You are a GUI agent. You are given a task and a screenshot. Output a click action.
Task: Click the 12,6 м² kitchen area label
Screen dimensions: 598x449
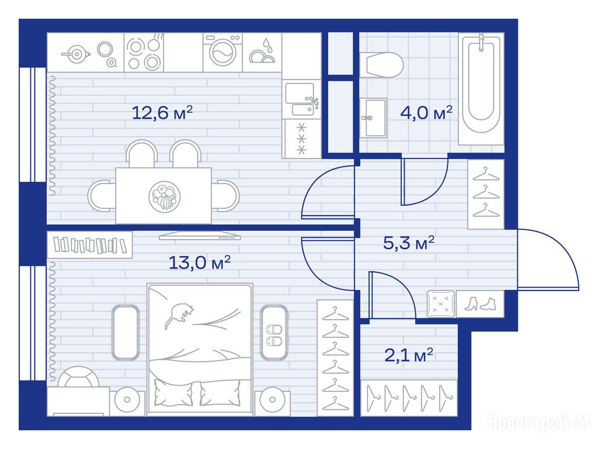(162, 113)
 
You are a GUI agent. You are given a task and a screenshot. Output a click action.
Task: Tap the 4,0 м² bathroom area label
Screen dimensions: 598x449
(426, 113)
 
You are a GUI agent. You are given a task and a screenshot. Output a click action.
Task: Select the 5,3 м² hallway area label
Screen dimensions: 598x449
(409, 243)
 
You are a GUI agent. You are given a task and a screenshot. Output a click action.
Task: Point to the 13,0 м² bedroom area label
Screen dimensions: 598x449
(200, 263)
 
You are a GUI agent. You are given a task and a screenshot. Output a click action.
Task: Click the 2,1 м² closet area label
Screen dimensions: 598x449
(409, 355)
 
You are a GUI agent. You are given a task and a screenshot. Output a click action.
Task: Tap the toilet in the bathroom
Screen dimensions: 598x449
(381, 65)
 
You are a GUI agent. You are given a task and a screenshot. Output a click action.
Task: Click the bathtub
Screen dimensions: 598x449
(481, 89)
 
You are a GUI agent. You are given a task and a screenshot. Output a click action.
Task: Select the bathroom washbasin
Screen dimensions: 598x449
(373, 118)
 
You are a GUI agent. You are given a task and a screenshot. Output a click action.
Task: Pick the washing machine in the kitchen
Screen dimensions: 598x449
(222, 52)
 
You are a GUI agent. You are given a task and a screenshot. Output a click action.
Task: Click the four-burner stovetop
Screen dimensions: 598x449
(144, 53)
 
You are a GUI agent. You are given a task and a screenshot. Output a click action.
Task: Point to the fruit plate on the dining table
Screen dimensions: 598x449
(164, 196)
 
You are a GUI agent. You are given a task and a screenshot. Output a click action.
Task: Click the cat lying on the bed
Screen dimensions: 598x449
(179, 315)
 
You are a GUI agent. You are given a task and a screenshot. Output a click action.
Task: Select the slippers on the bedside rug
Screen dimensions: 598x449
(274, 335)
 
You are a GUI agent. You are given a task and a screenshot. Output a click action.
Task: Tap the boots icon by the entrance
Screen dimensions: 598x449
(480, 304)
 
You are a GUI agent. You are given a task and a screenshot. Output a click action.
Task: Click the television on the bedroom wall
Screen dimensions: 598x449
(200, 236)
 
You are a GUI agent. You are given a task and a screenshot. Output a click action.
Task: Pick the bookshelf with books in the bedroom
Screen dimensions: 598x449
(89, 245)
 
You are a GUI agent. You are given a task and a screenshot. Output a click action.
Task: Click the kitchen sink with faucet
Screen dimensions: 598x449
(301, 99)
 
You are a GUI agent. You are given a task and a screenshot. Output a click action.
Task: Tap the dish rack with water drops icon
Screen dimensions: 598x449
(262, 52)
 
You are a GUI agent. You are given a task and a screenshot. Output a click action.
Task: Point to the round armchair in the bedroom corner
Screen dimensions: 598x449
(79, 377)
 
